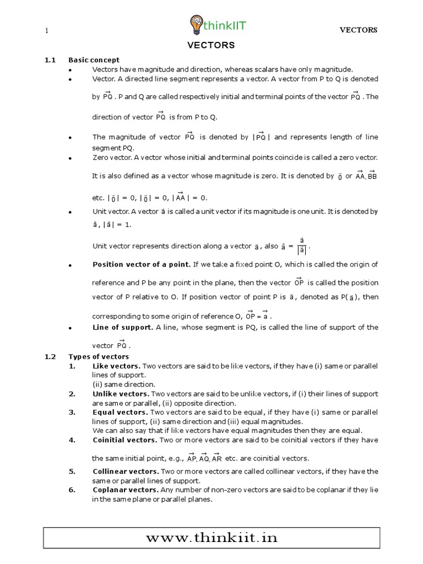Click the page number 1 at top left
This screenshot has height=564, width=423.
47,30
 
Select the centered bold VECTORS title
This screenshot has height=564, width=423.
211,45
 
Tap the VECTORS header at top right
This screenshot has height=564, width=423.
358,30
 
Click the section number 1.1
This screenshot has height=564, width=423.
50,60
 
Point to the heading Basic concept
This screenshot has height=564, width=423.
94,60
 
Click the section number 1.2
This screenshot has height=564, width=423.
50,356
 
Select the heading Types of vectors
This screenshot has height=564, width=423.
98,356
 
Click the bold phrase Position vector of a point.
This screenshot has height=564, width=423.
142,264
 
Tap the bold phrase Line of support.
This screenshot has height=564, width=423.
123,327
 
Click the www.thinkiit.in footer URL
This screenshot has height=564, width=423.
211,538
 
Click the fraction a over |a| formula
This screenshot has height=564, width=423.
302,246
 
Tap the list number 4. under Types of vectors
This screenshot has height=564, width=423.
72,440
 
